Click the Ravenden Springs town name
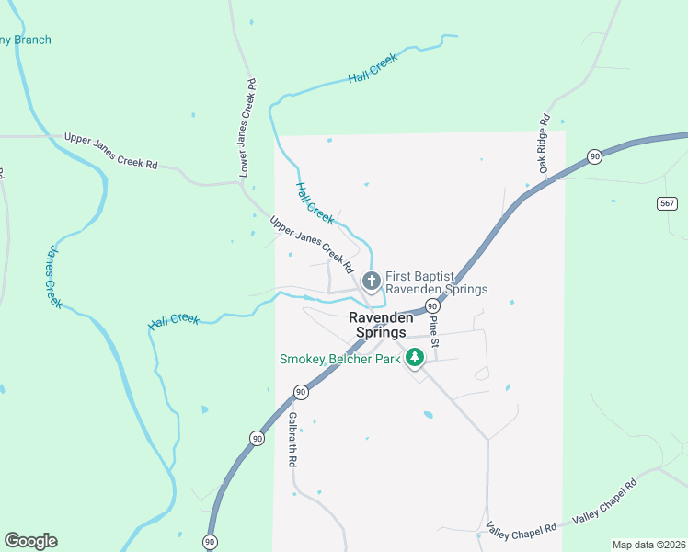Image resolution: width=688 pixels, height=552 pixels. [376, 325]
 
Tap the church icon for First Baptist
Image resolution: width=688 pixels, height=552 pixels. [372, 281]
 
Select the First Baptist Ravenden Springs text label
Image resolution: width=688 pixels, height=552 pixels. [436, 282]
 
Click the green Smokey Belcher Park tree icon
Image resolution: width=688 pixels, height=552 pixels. [415, 357]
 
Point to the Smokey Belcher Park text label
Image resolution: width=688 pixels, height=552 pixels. [339, 359]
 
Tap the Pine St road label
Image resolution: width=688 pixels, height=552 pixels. [434, 332]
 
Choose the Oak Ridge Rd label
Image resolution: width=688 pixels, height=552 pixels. [545, 144]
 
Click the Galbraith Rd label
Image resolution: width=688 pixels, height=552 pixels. [292, 439]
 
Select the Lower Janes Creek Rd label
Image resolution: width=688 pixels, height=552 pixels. [247, 128]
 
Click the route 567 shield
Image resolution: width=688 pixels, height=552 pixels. [668, 203]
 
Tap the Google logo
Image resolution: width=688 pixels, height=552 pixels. [30, 541]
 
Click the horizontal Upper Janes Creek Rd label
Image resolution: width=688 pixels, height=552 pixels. [110, 151]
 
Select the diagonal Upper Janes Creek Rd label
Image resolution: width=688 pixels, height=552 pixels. [312, 245]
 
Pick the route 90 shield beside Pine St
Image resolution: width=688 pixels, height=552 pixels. [431, 305]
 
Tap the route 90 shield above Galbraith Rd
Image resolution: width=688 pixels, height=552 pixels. [301, 393]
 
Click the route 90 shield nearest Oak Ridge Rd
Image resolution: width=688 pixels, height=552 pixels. [595, 157]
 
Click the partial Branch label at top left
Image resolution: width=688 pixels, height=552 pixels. [26, 40]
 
